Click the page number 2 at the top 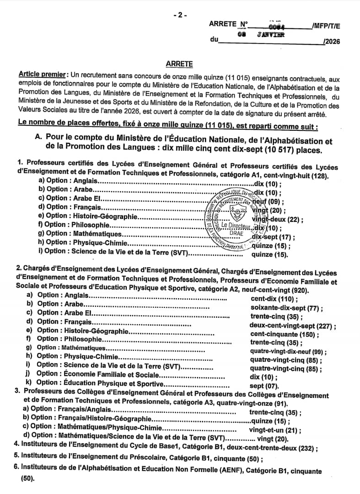[180, 15]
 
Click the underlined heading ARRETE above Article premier [180, 64]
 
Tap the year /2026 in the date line [332, 42]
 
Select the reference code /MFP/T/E [326, 25]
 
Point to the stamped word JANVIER [272, 34]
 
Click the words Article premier [42, 74]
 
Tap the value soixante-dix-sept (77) [284, 308]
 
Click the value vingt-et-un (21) [274, 430]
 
